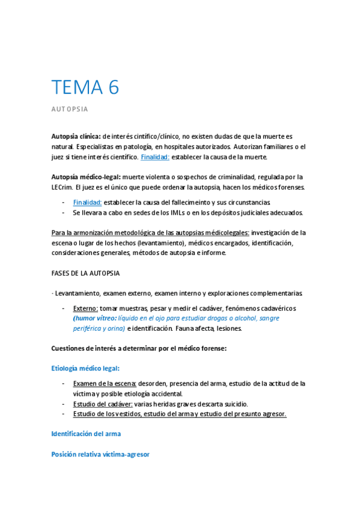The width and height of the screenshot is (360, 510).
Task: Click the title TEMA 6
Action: [x=85, y=87]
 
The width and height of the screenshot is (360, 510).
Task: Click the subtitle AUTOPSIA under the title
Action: [x=70, y=109]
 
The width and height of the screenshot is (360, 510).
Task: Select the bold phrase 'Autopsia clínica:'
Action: [x=76, y=137]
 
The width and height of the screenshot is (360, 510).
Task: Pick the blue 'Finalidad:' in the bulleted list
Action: [x=87, y=202]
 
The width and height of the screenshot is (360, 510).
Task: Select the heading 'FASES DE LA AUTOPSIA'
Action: [x=85, y=273]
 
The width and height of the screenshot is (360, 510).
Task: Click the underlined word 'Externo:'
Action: [x=85, y=308]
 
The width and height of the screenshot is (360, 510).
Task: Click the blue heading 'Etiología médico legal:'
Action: [x=85, y=368]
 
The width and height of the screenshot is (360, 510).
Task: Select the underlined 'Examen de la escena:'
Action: [x=105, y=383]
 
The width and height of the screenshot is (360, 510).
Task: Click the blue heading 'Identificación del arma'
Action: [x=87, y=434]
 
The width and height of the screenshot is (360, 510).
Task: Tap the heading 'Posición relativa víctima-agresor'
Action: [x=100, y=455]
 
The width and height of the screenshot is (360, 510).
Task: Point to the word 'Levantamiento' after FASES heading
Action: [x=78, y=293]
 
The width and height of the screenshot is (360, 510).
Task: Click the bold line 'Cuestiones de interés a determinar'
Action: [x=139, y=348]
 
